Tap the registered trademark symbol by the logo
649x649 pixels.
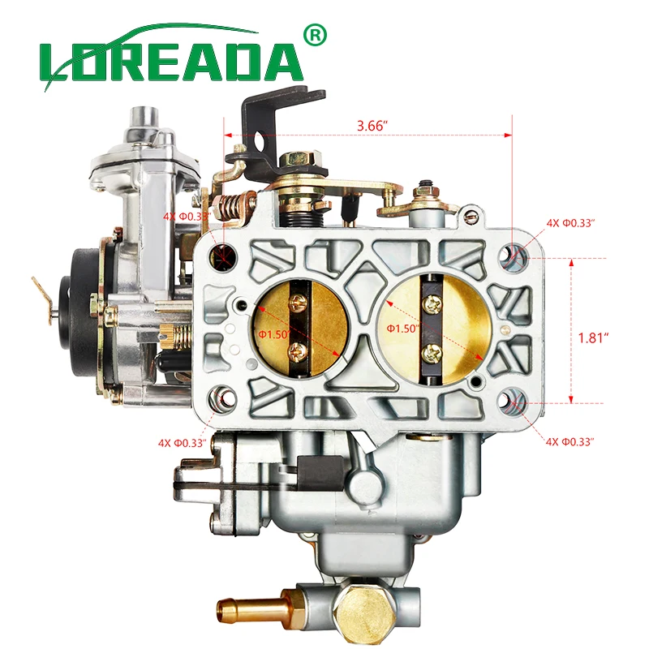315,35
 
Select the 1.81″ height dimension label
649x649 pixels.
594,338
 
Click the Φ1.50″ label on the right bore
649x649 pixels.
402,328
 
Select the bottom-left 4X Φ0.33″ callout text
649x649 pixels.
183,443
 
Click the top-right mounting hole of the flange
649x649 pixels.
511,257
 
